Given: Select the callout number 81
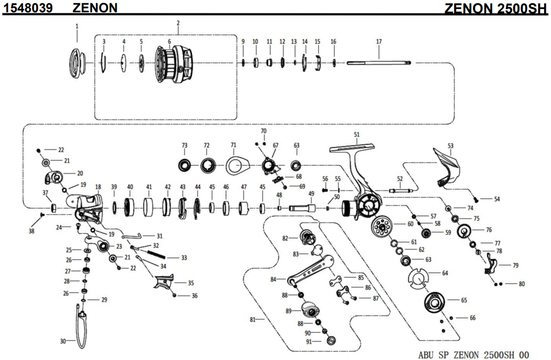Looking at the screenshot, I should point(254,320).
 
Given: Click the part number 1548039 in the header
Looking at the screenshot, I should point(29,7).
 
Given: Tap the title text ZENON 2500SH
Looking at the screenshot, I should point(496,8).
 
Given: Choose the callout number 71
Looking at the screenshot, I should point(233,145).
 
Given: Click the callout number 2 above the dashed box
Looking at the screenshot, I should point(178,23).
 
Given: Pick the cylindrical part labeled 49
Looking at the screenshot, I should point(299,208).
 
